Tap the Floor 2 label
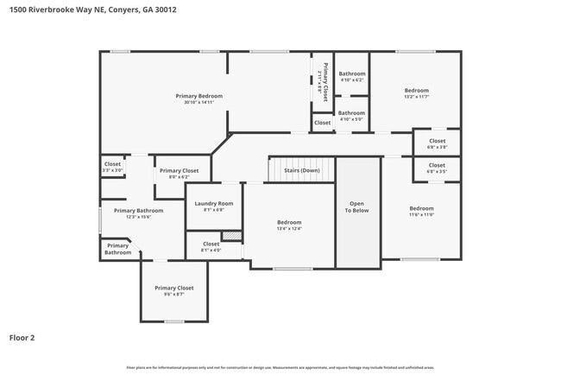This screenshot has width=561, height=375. (x=22, y=338)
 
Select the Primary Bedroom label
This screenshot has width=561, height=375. (x=199, y=99)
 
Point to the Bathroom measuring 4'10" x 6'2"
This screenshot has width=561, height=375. (x=351, y=76)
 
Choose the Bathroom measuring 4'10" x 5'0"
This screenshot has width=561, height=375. (x=351, y=115)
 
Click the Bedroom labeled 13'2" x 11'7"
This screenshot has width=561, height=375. (x=417, y=93)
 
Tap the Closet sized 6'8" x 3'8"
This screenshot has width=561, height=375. (x=437, y=143)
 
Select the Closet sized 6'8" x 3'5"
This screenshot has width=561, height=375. (x=437, y=168)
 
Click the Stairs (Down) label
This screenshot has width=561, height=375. (x=301, y=170)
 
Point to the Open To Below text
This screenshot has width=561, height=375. (x=356, y=207)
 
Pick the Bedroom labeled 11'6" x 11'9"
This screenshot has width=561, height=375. (x=421, y=211)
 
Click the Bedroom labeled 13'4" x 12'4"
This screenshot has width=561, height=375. (x=289, y=225)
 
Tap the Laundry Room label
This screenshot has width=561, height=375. (x=213, y=206)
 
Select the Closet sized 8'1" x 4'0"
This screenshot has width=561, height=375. (x=211, y=246)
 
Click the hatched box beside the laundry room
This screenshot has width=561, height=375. (x=231, y=236)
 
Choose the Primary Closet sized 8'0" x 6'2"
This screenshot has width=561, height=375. (x=179, y=173)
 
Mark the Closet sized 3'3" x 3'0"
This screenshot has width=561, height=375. (x=112, y=167)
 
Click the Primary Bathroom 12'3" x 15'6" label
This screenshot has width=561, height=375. (x=138, y=213)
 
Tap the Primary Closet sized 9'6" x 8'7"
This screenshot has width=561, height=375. (x=173, y=290)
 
